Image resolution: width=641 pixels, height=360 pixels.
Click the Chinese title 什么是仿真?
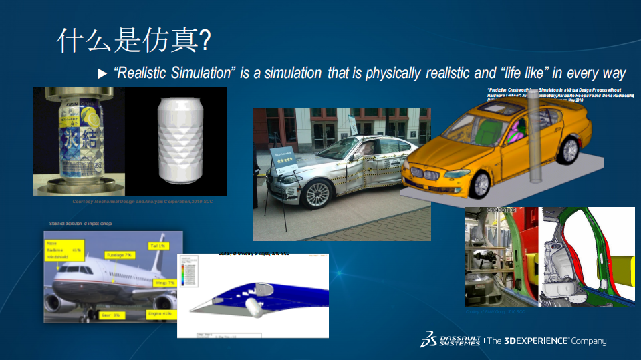tap(134, 41)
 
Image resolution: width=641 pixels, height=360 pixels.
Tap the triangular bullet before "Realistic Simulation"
tap(102, 73)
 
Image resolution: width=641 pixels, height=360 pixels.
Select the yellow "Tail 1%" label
tap(157, 246)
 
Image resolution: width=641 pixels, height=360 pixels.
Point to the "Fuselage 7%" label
tap(120, 255)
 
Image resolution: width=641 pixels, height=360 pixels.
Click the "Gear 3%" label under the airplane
tap(111, 314)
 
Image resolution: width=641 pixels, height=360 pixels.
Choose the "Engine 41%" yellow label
tap(160, 313)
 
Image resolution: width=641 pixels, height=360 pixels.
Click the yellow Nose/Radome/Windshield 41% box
tap(63, 252)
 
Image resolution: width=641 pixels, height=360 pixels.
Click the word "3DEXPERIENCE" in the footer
tap(537, 341)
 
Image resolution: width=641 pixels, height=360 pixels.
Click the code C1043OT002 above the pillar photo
tap(501, 210)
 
